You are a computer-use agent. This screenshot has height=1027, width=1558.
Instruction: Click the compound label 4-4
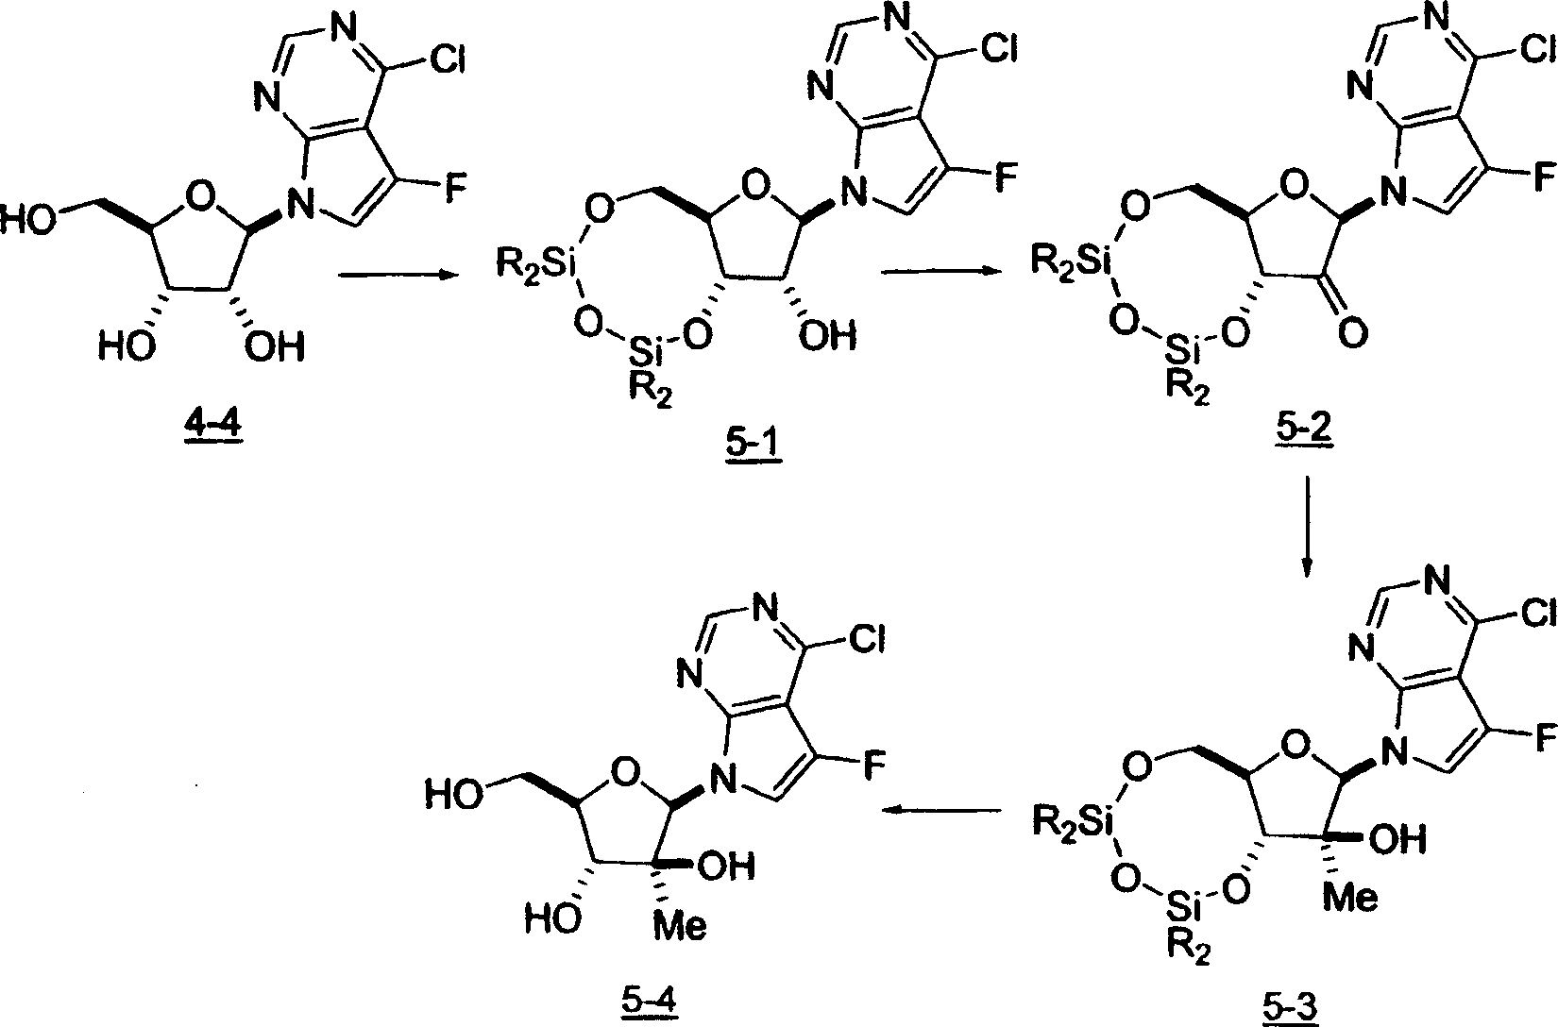click(x=213, y=425)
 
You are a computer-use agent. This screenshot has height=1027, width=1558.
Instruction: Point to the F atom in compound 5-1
click(x=1006, y=177)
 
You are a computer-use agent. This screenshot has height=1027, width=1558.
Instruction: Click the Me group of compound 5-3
click(x=1350, y=897)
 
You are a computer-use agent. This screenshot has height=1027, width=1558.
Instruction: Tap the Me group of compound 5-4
click(x=680, y=925)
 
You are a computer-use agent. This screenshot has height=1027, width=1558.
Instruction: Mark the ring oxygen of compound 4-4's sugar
click(x=202, y=197)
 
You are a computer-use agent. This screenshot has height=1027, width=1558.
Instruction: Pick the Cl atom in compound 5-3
click(x=1538, y=614)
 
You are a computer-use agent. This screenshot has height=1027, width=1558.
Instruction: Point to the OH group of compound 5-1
click(x=827, y=336)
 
